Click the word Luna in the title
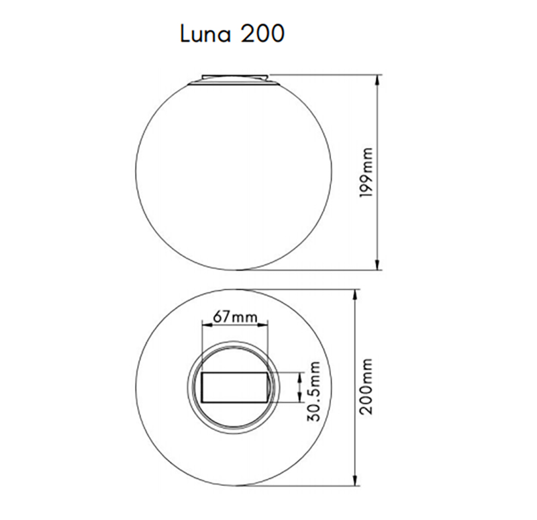point(205,34)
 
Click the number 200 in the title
point(262,34)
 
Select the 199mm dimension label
point(367,172)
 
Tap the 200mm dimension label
point(367,386)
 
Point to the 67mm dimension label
point(235,316)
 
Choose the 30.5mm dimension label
point(313,391)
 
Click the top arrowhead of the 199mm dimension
point(378,80)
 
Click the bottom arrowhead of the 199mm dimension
point(378,264)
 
